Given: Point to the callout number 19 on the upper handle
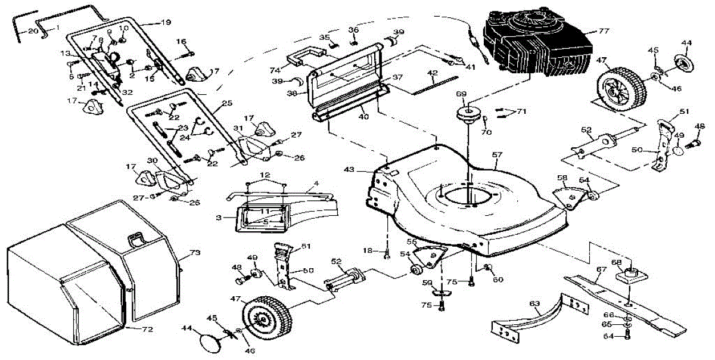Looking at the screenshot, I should pyautogui.click(x=165, y=23).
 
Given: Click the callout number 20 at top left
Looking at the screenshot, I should pyautogui.click(x=32, y=30).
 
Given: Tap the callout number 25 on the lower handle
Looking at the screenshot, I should pyautogui.click(x=226, y=103).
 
